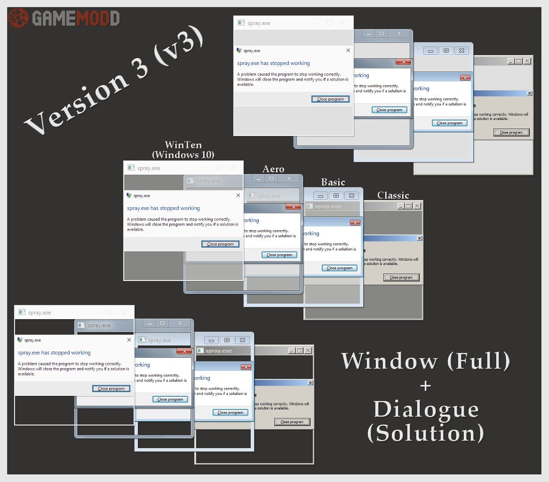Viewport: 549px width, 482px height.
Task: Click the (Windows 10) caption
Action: [x=183, y=154]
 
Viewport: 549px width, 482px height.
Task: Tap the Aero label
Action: [x=273, y=169]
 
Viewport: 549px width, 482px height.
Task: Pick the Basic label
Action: [x=333, y=182]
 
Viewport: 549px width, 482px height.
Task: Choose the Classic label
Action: [x=393, y=195]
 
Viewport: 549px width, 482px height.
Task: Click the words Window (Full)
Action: [x=426, y=361]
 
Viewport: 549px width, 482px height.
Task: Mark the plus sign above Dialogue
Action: [x=426, y=386]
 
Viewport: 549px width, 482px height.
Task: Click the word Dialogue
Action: [x=426, y=409]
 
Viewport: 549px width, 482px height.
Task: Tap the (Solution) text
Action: [x=426, y=433]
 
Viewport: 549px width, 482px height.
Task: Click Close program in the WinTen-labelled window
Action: [x=220, y=244]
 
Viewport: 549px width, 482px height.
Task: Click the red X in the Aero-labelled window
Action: [x=293, y=207]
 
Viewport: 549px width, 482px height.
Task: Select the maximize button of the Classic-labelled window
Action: [x=408, y=206]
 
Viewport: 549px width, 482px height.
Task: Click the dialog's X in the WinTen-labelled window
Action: [x=238, y=195]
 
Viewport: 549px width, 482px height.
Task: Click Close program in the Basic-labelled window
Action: [x=339, y=268]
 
